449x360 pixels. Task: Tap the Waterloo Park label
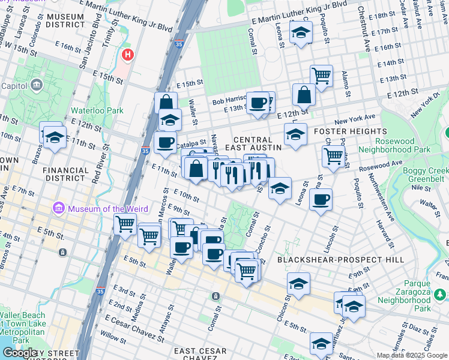point(97,110)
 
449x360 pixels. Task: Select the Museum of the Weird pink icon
point(59,208)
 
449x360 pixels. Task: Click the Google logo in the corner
point(20,352)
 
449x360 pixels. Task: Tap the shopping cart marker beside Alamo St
point(322,75)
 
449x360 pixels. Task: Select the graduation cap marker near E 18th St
point(301,32)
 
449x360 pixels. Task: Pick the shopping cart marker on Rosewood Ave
point(333,155)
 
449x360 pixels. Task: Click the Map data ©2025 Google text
point(411,355)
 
